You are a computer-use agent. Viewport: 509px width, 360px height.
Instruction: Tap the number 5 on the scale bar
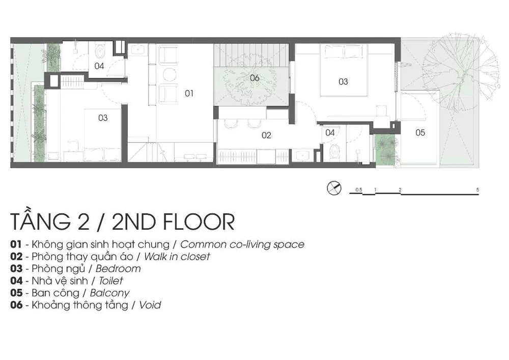click(477, 189)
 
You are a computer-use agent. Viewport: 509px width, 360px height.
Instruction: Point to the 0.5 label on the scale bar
click(359, 189)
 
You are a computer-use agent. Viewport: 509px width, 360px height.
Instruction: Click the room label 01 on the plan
click(189, 94)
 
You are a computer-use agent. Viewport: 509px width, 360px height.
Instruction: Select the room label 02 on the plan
click(266, 135)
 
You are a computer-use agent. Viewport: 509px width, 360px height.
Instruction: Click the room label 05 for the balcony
click(420, 132)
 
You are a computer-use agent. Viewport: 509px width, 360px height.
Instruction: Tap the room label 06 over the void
click(254, 78)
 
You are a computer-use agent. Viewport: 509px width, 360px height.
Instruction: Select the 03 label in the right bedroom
click(343, 81)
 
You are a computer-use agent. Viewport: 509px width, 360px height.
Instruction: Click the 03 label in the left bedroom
click(103, 118)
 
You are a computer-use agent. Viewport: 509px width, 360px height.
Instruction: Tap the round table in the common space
click(169, 74)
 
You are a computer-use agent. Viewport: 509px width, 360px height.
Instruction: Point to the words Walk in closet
click(177, 257)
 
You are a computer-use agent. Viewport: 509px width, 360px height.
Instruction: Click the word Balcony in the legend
click(110, 293)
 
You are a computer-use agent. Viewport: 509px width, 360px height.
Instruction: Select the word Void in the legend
click(150, 305)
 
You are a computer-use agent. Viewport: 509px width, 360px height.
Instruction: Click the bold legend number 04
click(17, 281)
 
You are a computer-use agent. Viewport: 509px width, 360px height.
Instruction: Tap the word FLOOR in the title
click(199, 221)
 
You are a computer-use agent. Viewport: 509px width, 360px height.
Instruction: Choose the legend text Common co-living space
click(242, 244)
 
